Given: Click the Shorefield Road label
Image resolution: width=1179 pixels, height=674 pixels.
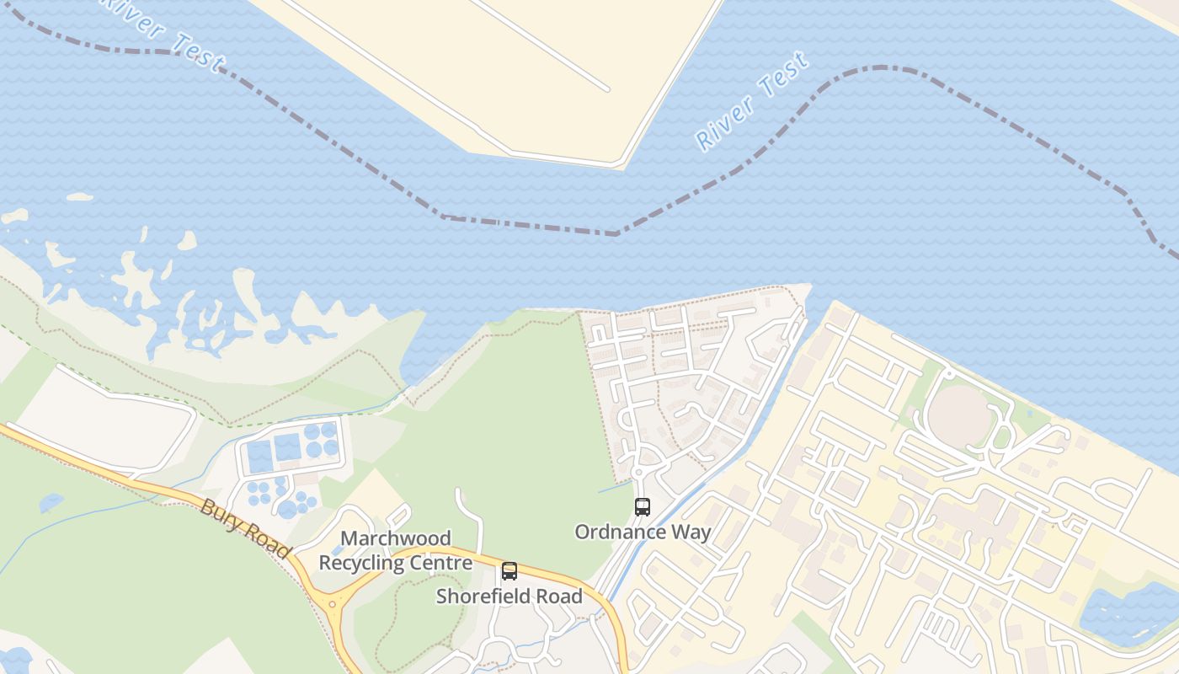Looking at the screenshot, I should tap(509, 596).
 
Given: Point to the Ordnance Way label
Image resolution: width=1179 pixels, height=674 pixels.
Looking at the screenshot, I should tap(643, 532).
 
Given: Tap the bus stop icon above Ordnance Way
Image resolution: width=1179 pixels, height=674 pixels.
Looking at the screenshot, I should tap(643, 507).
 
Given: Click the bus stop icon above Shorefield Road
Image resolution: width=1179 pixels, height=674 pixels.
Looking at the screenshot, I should tap(509, 571).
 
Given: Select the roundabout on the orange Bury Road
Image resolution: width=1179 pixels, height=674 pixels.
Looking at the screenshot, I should tap(336, 603).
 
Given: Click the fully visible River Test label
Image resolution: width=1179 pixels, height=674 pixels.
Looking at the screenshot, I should tap(752, 101).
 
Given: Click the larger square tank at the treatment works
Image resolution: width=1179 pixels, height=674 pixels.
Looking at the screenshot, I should tap(287, 447).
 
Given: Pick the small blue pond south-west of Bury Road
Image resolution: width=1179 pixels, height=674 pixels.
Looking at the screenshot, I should tap(51, 503).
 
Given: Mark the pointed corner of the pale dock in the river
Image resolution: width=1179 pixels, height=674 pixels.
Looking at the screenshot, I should tap(622, 164).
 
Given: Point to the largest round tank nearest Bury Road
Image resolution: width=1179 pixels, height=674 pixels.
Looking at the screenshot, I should tap(287, 509).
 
